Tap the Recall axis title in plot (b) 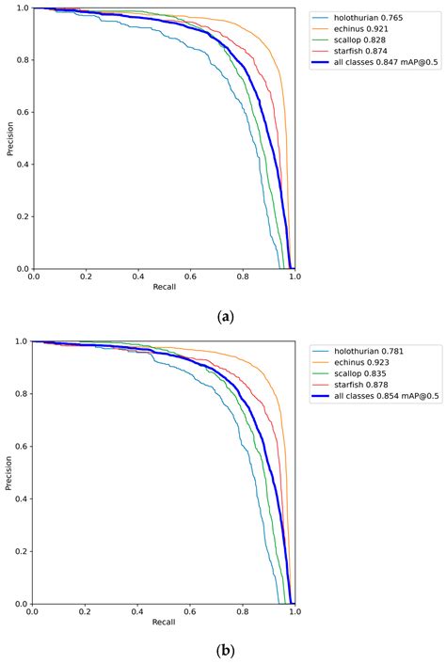coord(164,622)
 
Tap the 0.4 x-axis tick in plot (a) coord(137,277)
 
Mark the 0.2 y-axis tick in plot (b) coord(22,551)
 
